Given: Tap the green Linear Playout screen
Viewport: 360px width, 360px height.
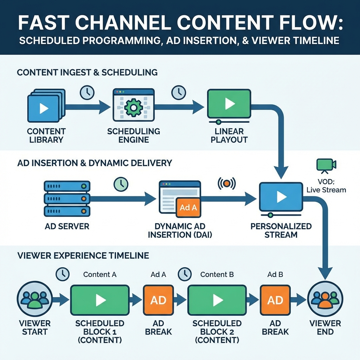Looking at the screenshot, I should (x=229, y=104).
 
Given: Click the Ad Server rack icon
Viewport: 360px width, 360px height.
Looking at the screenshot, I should (x=67, y=199).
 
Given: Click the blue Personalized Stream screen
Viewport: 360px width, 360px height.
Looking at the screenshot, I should (x=281, y=198).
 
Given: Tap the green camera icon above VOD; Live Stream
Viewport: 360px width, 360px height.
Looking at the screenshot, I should (x=326, y=165).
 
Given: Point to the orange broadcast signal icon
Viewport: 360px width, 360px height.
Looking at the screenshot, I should (x=227, y=183).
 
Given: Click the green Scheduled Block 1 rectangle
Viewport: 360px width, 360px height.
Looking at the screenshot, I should (x=100, y=300).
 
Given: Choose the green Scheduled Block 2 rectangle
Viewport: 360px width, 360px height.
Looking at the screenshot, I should (x=217, y=300).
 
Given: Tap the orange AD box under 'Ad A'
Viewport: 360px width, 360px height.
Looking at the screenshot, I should (x=159, y=300).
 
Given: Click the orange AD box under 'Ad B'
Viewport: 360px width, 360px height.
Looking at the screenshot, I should (x=275, y=300).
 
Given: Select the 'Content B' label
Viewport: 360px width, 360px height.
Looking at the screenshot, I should (x=217, y=274).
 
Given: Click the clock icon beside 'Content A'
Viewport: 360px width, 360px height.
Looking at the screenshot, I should (x=63, y=274).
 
